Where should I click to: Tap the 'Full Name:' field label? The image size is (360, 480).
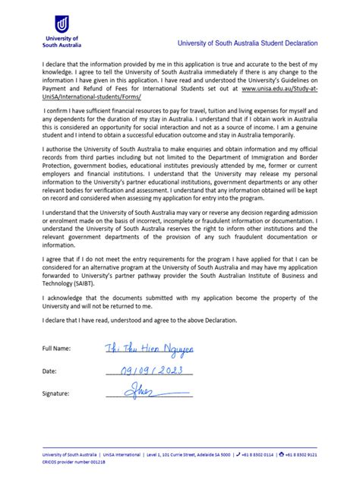tap(58, 348)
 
